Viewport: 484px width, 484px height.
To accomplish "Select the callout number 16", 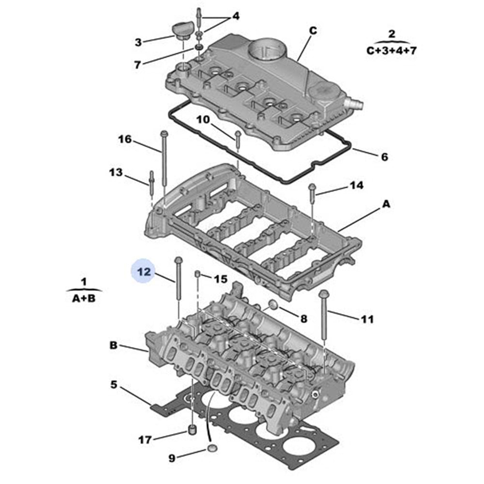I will [x=124, y=140].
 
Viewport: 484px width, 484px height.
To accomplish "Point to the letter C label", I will [x=313, y=31].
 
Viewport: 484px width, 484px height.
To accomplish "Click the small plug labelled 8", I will [x=273, y=305].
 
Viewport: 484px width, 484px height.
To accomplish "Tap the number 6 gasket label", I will [x=384, y=157].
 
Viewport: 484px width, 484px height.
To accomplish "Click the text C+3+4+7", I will [x=391, y=51].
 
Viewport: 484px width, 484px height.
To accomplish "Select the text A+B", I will [x=84, y=299].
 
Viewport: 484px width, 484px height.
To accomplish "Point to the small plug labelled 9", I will [x=212, y=448].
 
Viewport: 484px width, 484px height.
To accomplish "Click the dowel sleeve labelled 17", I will [x=192, y=430].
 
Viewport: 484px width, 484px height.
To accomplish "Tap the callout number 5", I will [x=114, y=385].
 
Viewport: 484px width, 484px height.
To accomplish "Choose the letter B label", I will [x=113, y=346].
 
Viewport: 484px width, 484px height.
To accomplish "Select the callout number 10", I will [x=204, y=119].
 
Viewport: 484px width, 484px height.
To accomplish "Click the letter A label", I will [x=386, y=205].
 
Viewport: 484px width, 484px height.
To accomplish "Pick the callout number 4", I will [x=236, y=16].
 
